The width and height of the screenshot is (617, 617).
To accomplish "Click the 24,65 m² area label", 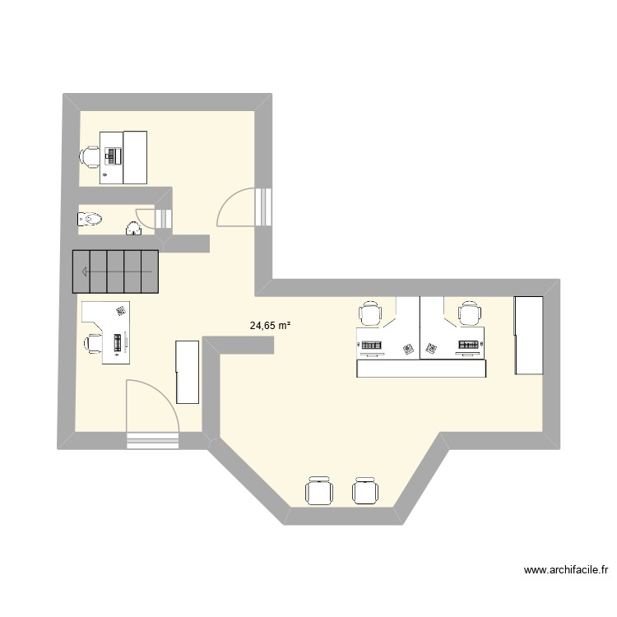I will (x=271, y=326).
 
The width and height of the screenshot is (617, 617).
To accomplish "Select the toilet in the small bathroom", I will (x=89, y=219).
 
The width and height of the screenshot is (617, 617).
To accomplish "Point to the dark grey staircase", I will (x=114, y=271).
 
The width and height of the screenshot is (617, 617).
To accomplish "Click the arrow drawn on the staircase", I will (x=115, y=271).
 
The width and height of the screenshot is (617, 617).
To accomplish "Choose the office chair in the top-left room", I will (x=90, y=155).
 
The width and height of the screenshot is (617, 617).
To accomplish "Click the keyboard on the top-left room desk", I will (x=113, y=154).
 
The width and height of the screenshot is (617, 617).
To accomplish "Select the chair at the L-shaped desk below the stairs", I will (x=91, y=342).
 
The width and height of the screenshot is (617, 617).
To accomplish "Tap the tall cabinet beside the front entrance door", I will (x=188, y=372).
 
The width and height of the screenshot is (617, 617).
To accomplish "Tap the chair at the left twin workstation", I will (x=371, y=313).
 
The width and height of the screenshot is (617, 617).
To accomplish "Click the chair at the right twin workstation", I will (x=470, y=313).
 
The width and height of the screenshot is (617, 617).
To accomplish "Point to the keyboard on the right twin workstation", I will (x=469, y=345).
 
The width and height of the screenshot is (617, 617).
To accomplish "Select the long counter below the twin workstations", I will (x=421, y=369).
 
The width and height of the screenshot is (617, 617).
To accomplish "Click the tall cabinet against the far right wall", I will (x=529, y=336).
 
